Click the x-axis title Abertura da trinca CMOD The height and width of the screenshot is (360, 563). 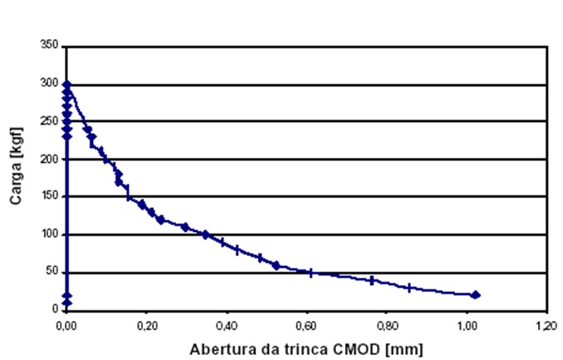[x=305, y=347]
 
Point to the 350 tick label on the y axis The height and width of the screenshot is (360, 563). [x=49, y=47]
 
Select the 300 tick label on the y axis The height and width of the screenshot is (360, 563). [x=49, y=84]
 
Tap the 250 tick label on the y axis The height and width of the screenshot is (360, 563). [x=49, y=121]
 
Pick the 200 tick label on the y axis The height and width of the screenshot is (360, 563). [x=49, y=159]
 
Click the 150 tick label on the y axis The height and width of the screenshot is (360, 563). [x=49, y=197]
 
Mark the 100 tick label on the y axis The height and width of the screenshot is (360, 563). [x=49, y=234]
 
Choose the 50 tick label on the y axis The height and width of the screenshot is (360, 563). [x=52, y=272]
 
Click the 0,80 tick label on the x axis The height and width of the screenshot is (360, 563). [x=386, y=325]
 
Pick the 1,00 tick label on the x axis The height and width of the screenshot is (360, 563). [x=466, y=325]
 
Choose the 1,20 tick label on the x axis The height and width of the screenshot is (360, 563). [x=546, y=325]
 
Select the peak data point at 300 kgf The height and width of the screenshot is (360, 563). [x=67, y=85]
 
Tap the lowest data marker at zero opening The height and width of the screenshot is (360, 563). [x=67, y=303]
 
